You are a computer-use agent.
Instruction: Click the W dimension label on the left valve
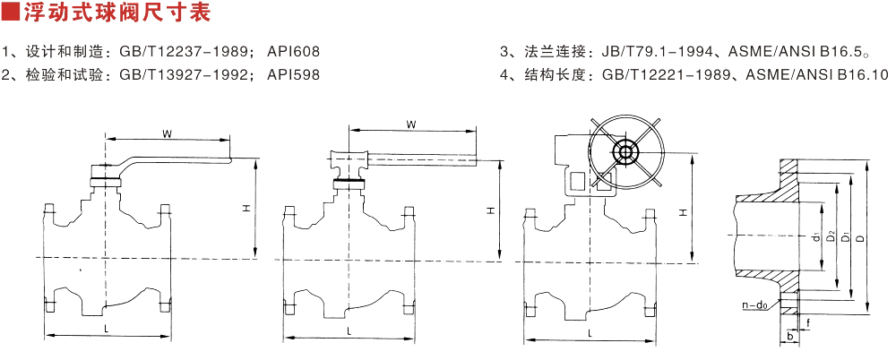click(167, 133)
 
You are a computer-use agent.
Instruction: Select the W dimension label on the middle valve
click(409, 124)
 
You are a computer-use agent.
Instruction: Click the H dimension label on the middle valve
click(490, 211)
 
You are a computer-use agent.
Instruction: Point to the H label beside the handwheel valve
click(683, 212)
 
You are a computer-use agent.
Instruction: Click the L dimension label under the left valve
click(107, 330)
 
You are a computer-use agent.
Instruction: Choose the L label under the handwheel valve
click(589, 333)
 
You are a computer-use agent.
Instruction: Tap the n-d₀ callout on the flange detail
click(754, 304)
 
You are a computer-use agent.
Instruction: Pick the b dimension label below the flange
click(789, 337)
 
